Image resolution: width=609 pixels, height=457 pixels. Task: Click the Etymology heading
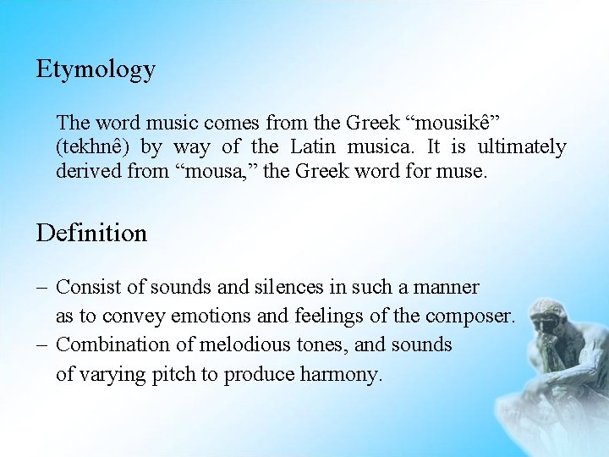click(96, 70)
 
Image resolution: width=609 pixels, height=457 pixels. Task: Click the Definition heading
click(91, 233)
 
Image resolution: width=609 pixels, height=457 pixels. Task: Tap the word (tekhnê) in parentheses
click(93, 147)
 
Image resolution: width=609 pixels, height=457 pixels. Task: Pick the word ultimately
click(522, 147)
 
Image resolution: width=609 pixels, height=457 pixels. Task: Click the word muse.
click(467, 173)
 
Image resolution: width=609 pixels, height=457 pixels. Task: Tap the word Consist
click(85, 288)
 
